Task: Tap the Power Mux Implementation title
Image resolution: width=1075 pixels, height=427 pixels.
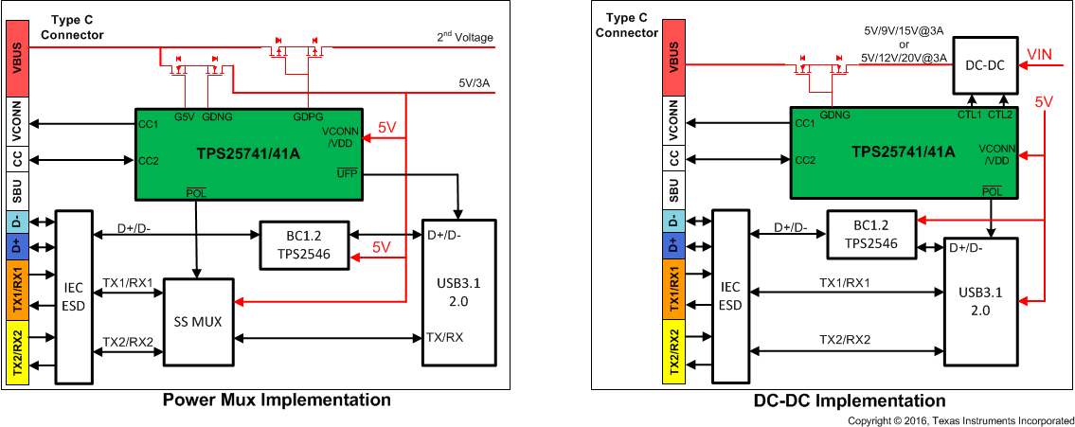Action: tap(277, 400)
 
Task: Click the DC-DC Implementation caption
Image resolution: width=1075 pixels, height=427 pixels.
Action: tap(850, 400)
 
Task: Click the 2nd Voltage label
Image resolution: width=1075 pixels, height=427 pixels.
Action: tap(465, 38)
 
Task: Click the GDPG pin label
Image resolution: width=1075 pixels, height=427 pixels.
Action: tap(306, 116)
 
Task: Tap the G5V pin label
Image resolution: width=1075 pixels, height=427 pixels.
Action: tap(185, 116)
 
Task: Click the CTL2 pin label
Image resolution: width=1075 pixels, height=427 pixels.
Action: tap(1001, 115)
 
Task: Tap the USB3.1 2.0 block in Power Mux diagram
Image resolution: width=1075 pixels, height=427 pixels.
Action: tap(457, 292)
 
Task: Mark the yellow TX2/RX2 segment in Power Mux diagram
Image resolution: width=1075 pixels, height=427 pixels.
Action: tap(18, 352)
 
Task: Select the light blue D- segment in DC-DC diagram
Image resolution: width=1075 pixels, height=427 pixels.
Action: tap(673, 221)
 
